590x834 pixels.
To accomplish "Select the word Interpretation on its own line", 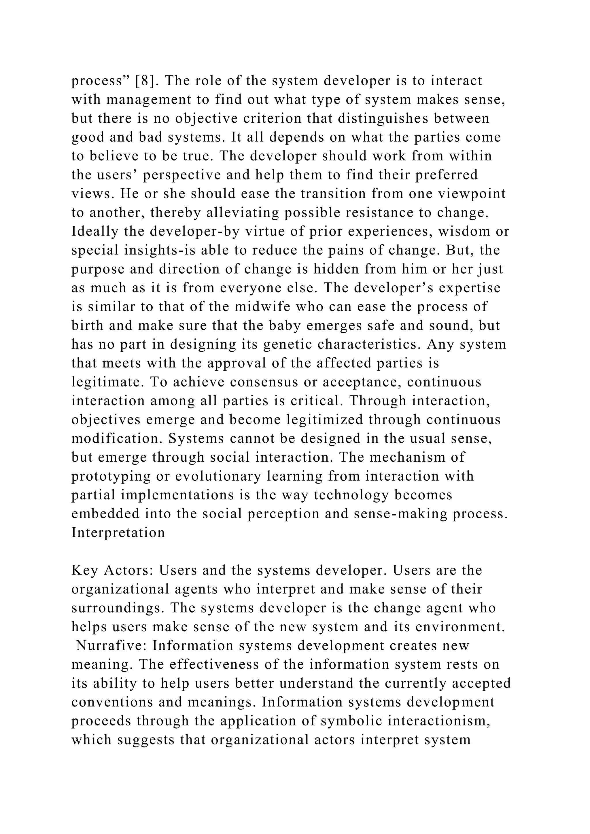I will coord(118,532).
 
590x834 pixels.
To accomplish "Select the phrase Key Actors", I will coord(110,570).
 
